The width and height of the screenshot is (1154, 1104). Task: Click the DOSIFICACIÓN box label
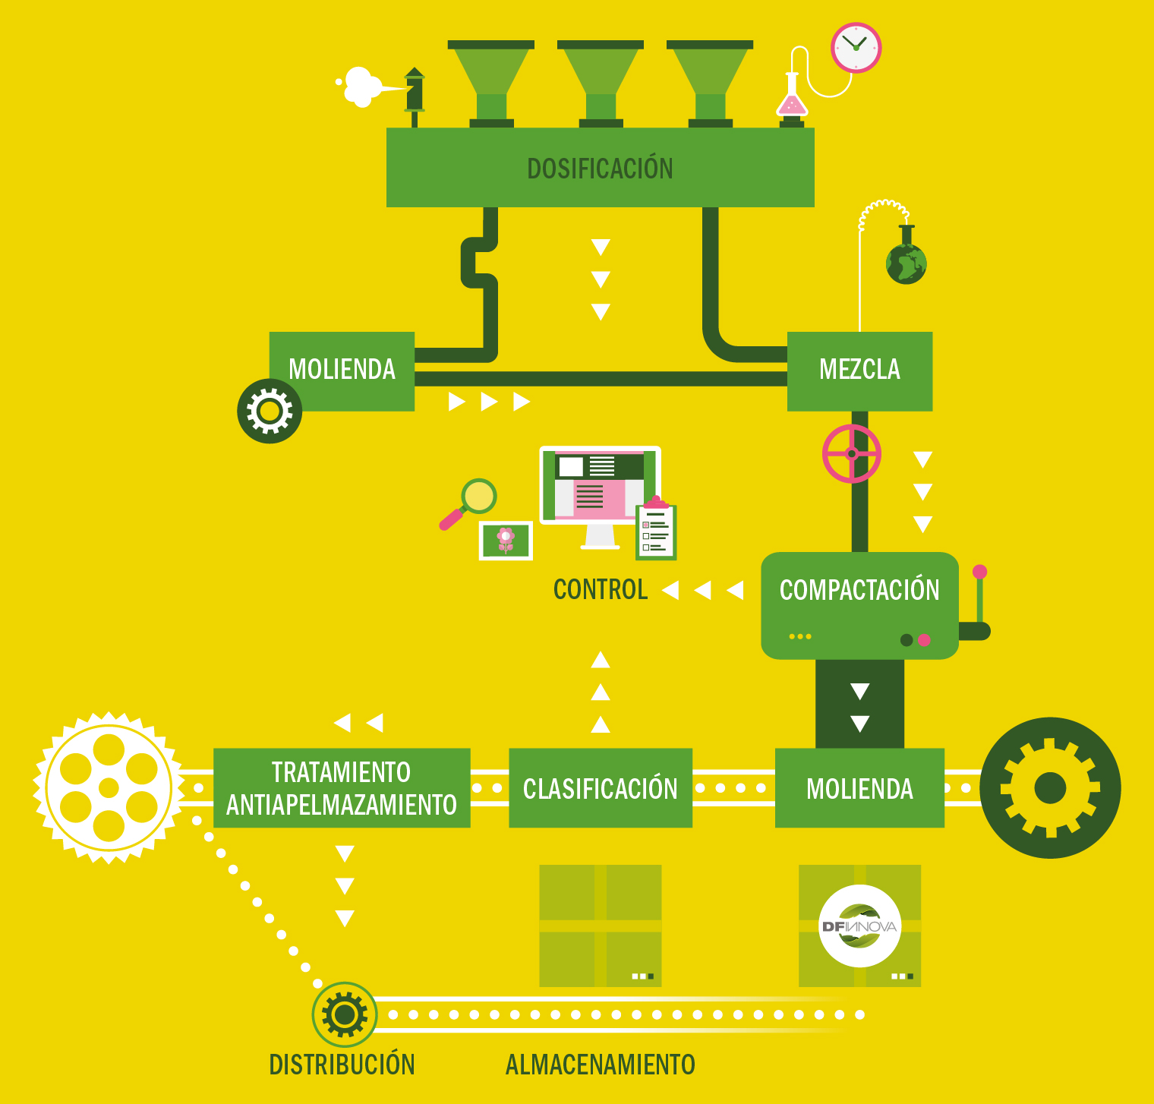(x=600, y=169)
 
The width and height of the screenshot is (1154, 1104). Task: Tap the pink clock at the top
(x=856, y=48)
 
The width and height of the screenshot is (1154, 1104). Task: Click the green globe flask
(x=906, y=263)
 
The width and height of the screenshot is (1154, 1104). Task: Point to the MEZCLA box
(x=859, y=371)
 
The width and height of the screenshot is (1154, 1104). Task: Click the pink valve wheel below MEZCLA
(x=851, y=454)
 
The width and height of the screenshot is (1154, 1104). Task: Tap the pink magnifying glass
(x=469, y=503)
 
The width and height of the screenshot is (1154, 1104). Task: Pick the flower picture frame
(x=506, y=541)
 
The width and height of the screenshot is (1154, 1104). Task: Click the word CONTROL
(x=600, y=590)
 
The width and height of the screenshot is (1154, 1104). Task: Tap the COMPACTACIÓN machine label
(x=859, y=590)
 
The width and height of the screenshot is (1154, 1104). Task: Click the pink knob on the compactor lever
(x=979, y=572)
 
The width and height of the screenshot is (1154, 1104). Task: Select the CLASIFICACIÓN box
(x=600, y=788)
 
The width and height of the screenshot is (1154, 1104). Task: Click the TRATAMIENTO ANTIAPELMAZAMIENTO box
(x=342, y=788)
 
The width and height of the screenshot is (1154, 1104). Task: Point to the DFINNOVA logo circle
(x=859, y=926)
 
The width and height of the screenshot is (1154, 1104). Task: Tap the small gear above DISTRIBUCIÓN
(x=344, y=1014)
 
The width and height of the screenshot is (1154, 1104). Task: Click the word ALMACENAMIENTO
(x=600, y=1065)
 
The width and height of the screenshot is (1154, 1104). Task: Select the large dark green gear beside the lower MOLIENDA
(x=1050, y=788)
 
